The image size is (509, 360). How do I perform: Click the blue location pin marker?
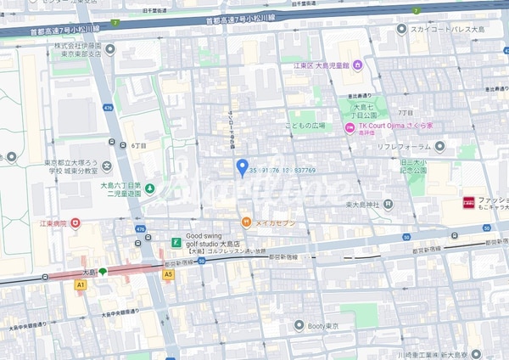pos(242,166)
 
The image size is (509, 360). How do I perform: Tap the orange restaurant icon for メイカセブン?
pos(245,222)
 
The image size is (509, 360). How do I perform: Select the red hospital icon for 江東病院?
pos(76,223)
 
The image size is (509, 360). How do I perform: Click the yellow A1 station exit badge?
pos(81,285)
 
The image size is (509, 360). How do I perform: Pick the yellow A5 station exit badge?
pos(168,274)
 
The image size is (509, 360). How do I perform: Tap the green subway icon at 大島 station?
pos(103,272)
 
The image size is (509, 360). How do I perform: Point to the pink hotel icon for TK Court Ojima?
pos(349,128)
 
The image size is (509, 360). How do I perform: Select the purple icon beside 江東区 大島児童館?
pos(357,66)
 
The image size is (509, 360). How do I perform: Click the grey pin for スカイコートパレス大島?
pos(402,30)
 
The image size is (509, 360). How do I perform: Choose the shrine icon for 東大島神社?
pos(388,204)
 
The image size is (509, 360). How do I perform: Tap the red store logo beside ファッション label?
pos(467,203)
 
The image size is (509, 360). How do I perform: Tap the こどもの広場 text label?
pos(305,125)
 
